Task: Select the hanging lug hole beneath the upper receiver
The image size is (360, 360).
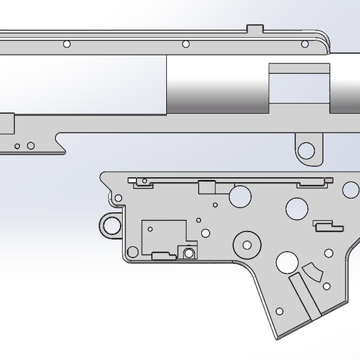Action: click(x=306, y=150)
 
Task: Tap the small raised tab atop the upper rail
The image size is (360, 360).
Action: click(x=256, y=29)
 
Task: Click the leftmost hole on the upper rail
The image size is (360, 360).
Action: click(x=67, y=44)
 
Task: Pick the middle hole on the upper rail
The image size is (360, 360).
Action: click(x=186, y=44)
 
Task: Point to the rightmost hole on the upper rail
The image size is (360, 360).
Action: click(x=304, y=44)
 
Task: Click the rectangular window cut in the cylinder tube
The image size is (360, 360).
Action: click(x=298, y=89)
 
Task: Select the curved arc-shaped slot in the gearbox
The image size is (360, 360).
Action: click(x=312, y=271)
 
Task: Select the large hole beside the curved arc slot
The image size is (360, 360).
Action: click(x=287, y=262)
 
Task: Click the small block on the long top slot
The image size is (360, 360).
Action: click(x=207, y=187)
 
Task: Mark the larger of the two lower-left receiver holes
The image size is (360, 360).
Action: click(x=30, y=145)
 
